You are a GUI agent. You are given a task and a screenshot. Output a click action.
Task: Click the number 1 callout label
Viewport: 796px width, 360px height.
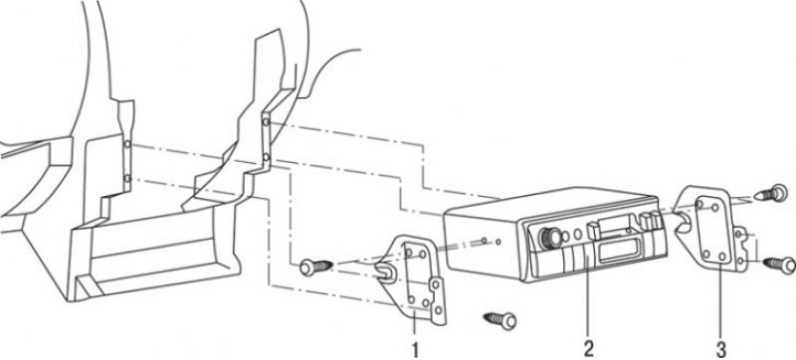[415, 349]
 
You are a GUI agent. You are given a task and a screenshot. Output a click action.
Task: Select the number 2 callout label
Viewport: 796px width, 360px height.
[588, 348]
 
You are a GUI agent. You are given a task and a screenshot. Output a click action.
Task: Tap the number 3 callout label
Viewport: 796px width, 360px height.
[720, 349]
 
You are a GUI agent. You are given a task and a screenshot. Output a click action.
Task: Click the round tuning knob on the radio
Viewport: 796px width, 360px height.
[551, 238]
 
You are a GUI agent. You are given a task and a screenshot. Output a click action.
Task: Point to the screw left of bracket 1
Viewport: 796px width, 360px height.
[314, 267]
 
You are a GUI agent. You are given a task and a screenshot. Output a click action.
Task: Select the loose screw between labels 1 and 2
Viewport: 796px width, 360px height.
[501, 320]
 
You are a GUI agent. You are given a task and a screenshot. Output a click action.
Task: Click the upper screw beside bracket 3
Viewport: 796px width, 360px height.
[771, 194]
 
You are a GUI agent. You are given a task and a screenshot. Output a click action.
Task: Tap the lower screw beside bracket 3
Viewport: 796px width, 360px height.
[779, 265]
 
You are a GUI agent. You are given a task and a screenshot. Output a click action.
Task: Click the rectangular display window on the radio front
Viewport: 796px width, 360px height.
[617, 251]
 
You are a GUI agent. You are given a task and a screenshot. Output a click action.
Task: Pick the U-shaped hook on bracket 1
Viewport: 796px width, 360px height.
[386, 272]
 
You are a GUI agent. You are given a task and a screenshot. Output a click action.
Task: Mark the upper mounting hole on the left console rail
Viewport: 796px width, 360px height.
[127, 144]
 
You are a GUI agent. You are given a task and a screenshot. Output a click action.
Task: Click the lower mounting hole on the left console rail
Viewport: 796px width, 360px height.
[127, 178]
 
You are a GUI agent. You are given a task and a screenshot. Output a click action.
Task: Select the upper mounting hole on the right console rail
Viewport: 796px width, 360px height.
[266, 122]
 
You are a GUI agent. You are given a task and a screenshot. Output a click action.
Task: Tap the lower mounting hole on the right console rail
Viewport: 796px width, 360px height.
[266, 158]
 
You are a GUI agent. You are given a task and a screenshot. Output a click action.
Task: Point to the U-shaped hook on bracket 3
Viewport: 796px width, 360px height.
[683, 222]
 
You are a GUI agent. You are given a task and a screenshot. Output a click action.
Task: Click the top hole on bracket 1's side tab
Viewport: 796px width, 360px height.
[435, 285]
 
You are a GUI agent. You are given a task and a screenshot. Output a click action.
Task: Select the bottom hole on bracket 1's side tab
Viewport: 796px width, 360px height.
[438, 309]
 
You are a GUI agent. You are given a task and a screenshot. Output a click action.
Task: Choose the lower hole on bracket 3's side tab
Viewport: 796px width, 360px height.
[740, 261]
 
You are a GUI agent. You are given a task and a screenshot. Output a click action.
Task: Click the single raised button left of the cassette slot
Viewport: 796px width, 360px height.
[592, 230]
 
